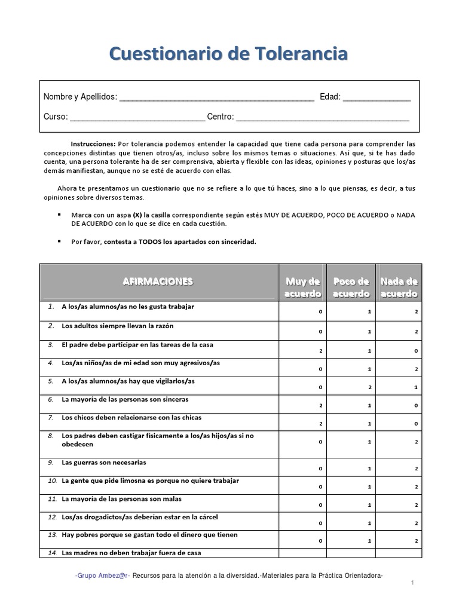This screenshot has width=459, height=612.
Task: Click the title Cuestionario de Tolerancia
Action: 229,54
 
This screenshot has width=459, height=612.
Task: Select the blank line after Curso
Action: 137,118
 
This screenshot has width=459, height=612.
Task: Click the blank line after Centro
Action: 323,118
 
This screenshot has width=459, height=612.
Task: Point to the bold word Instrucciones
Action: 93,144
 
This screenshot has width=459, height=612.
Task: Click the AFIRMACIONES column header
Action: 158,281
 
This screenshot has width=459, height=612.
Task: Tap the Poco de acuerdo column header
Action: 351,287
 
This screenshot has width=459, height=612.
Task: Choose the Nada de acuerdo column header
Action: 399,287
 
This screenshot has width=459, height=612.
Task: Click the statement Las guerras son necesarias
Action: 104,463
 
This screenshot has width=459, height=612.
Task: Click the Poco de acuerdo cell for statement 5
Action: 351,387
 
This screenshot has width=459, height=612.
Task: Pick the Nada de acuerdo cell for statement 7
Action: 399,423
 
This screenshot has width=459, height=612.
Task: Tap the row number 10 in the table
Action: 51,481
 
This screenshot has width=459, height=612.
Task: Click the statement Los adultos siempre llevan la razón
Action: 117,326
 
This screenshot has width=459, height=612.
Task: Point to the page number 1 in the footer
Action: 412,582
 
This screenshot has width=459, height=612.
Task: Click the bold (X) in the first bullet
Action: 137,214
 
